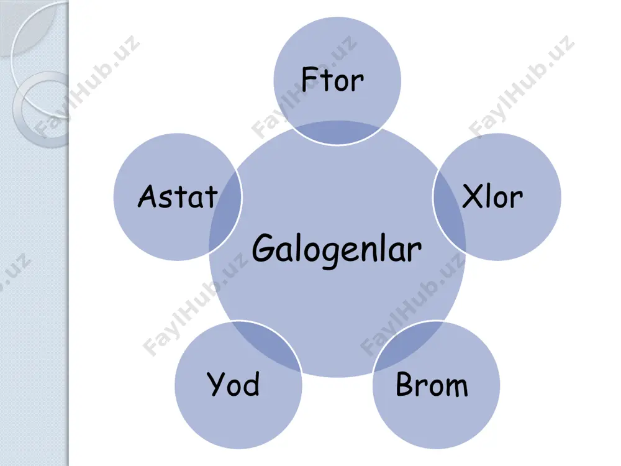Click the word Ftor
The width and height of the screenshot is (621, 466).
tap(332, 80)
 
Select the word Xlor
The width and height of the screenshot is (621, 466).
tap(492, 196)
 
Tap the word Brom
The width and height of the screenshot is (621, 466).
tap(432, 384)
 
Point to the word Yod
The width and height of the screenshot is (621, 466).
tap(233, 384)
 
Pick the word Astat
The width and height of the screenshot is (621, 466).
tap(178, 196)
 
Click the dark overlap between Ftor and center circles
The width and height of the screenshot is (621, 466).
tap(337, 132)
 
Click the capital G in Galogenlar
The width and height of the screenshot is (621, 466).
tap(264, 247)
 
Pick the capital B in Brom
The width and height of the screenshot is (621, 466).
tap(405, 383)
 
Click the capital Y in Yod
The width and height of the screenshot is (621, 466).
tap(217, 383)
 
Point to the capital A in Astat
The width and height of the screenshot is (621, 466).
tap(148, 196)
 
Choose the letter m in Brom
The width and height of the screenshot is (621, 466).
tap(456, 387)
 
